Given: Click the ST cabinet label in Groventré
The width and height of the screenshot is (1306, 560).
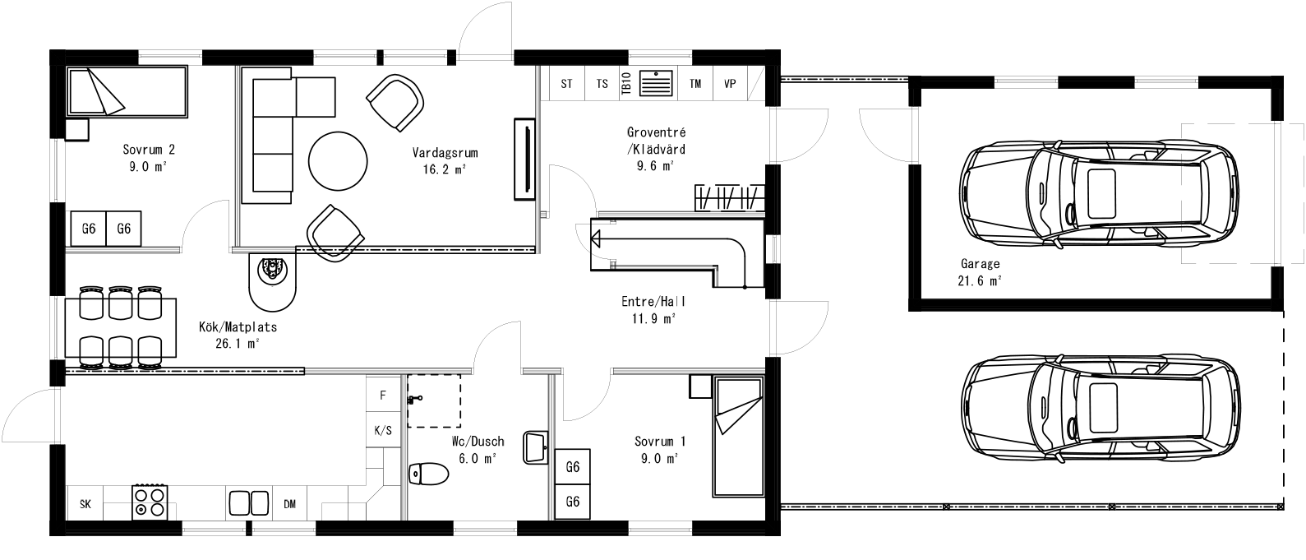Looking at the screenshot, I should (x=566, y=84).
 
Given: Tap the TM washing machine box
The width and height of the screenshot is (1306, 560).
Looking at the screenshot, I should (x=695, y=84).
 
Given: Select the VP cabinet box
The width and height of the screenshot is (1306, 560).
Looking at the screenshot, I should (x=729, y=84).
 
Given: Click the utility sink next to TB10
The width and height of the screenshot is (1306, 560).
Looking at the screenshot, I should (x=655, y=84).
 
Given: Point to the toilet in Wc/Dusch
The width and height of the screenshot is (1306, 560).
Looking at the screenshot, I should (x=428, y=474).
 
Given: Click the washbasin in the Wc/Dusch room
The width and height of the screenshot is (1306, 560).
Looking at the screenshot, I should (x=536, y=447).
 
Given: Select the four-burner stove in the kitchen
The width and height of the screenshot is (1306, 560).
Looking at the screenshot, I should (x=150, y=502).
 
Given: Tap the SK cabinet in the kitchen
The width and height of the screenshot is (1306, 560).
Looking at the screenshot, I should (x=85, y=504).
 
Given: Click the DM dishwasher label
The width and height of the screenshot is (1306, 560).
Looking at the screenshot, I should (x=289, y=504).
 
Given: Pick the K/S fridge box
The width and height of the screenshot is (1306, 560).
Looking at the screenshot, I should (x=383, y=430).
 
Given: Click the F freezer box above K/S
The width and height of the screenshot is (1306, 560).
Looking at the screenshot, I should (x=383, y=395).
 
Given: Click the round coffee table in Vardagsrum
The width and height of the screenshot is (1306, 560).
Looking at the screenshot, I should (x=338, y=162).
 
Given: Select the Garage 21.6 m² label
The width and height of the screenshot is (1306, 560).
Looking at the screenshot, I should (x=980, y=272).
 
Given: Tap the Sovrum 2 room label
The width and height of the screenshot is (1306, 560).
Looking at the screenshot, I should (x=149, y=157).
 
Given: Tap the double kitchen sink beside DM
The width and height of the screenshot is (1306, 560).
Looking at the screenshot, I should (x=248, y=502).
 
